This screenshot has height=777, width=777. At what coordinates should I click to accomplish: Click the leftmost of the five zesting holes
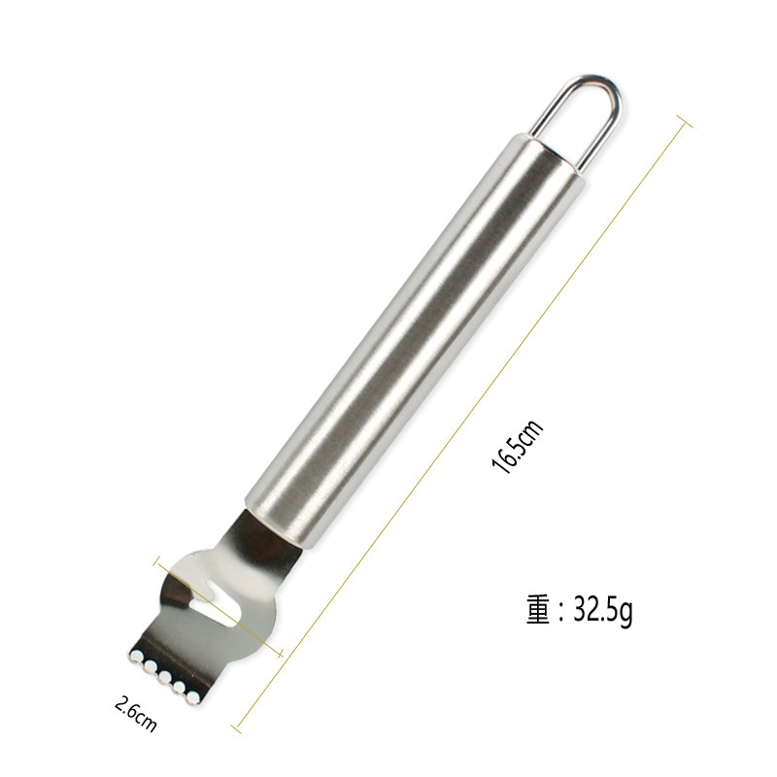click(136, 657)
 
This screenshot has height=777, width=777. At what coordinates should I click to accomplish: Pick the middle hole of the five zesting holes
click(165, 677)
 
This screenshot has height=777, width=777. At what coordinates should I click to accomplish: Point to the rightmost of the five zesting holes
click(193, 697)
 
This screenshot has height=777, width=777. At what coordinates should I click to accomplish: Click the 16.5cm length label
click(517, 447)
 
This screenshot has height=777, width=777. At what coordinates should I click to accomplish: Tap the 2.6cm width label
click(136, 714)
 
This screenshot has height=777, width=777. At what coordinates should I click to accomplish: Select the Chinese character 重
click(539, 609)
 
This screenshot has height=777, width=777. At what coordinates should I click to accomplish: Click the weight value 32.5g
click(603, 610)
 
